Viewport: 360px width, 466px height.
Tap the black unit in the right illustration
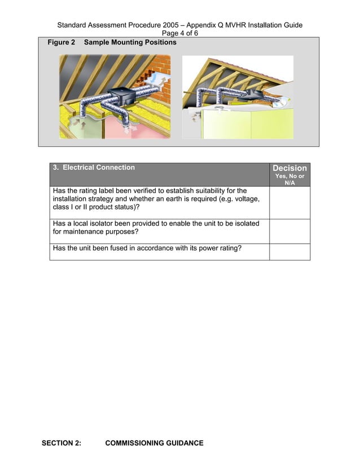pos(252,95)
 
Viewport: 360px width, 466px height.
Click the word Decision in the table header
pos(289,168)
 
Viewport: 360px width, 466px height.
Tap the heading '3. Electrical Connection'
pos(94,168)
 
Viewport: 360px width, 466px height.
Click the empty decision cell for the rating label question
pos(290,203)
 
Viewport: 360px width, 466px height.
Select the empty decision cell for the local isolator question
pos(290,231)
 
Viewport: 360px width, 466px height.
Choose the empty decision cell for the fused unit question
pos(290,252)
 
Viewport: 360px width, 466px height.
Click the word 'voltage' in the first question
pos(247,199)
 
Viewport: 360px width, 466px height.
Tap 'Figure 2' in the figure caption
pos(62,42)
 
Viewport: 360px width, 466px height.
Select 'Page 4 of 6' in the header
pos(180,33)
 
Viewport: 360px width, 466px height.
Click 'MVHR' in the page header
pos(235,25)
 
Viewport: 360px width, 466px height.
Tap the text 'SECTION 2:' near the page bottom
pos(62,443)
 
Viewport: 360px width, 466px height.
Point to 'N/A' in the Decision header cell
pos(289,183)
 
